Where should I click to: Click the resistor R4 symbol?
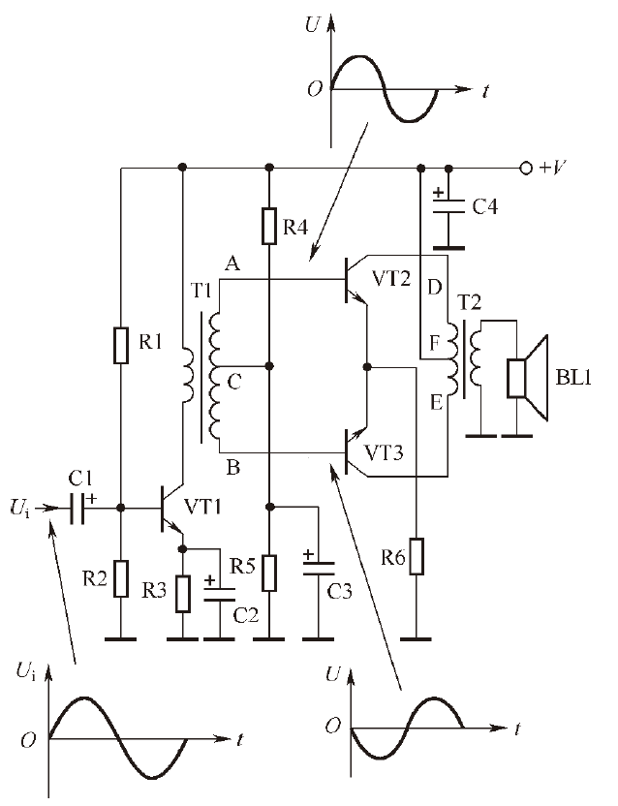pyautogui.click(x=270, y=226)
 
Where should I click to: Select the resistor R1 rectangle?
pyautogui.click(x=121, y=346)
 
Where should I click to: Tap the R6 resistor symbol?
pyautogui.click(x=417, y=556)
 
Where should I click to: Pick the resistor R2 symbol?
pyautogui.click(x=121, y=578)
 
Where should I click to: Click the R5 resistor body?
pyautogui.click(x=269, y=573)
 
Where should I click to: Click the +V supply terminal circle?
pyautogui.click(x=525, y=169)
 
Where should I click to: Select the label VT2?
pyautogui.click(x=391, y=279)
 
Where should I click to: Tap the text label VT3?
pyautogui.click(x=384, y=452)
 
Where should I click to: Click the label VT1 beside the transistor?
pyautogui.click(x=202, y=507)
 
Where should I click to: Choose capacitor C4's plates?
pyautogui.click(x=448, y=205)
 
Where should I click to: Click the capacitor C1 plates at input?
pyautogui.click(x=77, y=508)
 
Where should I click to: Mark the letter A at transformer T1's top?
pyautogui.click(x=232, y=263)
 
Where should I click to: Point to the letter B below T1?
pyautogui.click(x=232, y=468)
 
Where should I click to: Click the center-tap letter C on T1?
pyautogui.click(x=234, y=382)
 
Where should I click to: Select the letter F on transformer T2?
pyautogui.click(x=435, y=343)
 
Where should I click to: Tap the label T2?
pyautogui.click(x=469, y=303)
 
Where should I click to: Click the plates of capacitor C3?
pyautogui.click(x=319, y=568)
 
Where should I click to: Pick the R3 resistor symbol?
pyautogui.click(x=182, y=594)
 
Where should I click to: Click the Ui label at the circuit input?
pyautogui.click(x=19, y=509)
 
